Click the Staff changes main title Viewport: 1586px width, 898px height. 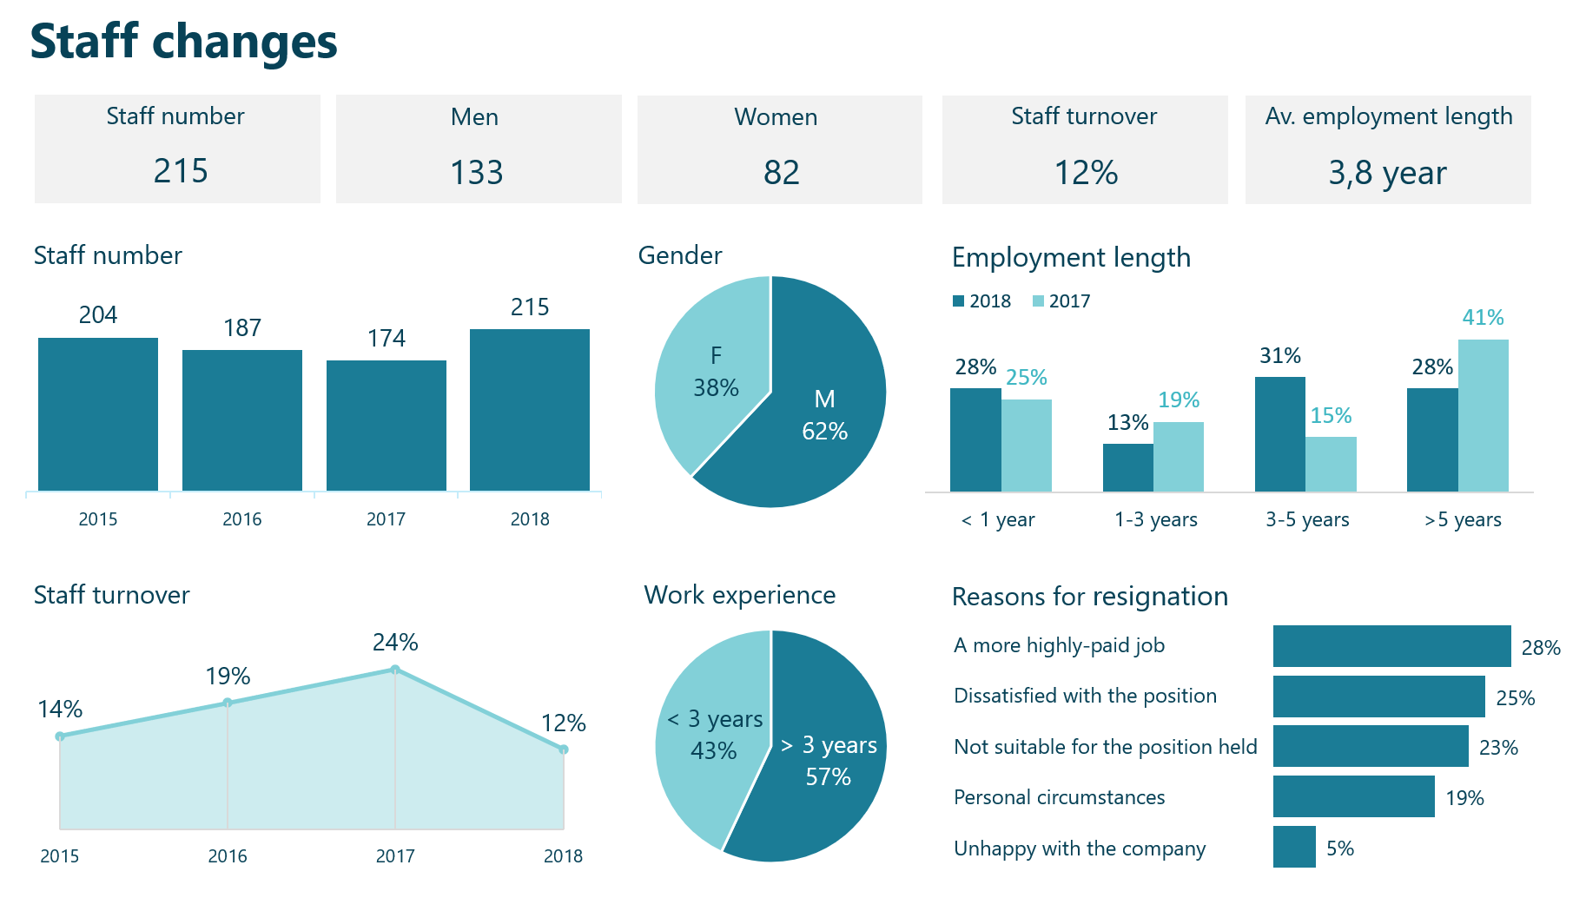(x=183, y=42)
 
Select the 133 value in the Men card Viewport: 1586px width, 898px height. (x=477, y=172)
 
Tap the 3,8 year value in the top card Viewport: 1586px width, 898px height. (x=1387, y=173)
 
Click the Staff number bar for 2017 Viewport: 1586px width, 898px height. (x=386, y=426)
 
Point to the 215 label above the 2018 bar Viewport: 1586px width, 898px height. (x=530, y=307)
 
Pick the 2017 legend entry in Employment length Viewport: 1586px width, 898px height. (x=1061, y=301)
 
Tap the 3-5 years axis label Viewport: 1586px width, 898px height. (x=1306, y=519)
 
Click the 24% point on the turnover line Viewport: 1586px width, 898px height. (x=395, y=670)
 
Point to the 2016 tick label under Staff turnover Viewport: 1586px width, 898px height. (x=228, y=856)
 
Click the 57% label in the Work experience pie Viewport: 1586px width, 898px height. (x=828, y=776)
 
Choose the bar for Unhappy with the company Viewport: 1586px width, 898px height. (x=1294, y=847)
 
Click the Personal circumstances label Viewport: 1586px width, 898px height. (x=1059, y=797)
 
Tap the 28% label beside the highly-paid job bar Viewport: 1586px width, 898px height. (x=1541, y=648)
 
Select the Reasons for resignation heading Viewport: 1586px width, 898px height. (x=1089, y=597)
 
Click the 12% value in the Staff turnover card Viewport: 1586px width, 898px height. (x=1086, y=172)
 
